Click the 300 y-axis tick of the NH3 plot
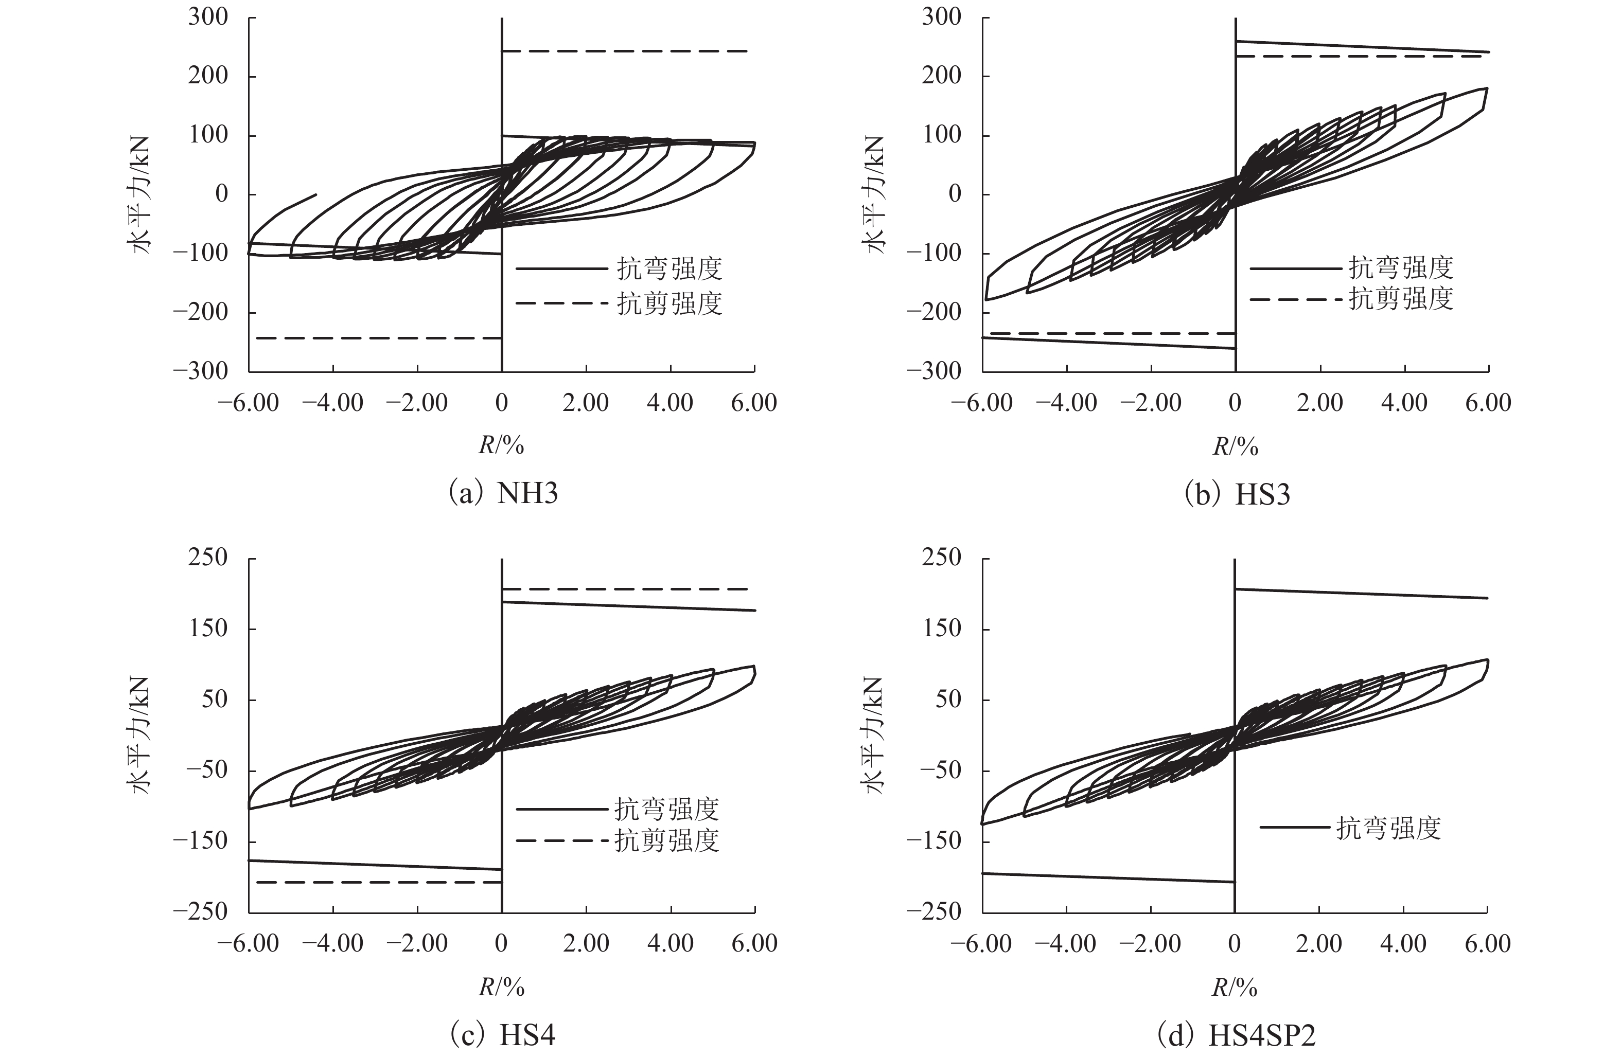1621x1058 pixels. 208,17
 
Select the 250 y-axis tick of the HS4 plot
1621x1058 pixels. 208,558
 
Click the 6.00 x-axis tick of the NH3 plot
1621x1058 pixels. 754,403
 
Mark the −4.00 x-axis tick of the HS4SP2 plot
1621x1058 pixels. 1066,944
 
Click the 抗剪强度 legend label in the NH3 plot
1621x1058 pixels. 669,303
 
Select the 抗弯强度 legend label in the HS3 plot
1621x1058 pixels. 1401,268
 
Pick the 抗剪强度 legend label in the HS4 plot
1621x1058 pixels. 666,841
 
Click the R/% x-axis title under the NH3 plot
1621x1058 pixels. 501,446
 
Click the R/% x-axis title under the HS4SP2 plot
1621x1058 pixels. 1234,987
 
